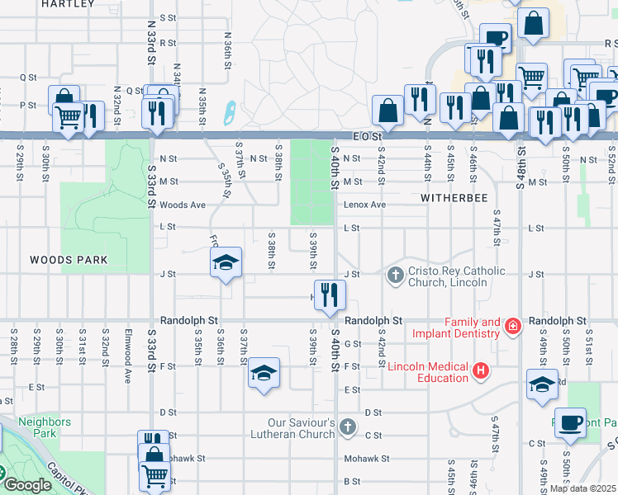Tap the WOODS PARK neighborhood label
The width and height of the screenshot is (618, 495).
69,260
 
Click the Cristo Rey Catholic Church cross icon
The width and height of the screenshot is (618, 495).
395,275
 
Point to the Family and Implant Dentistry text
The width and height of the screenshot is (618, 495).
473,328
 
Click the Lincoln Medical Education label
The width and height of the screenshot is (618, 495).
428,372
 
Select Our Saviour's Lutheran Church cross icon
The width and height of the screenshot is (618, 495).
348,427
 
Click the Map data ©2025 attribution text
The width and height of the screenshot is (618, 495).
583,488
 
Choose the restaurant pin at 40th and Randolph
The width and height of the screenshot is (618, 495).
330,295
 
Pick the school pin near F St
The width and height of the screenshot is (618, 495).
264,373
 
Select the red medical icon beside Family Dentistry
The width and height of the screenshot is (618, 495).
513,326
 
